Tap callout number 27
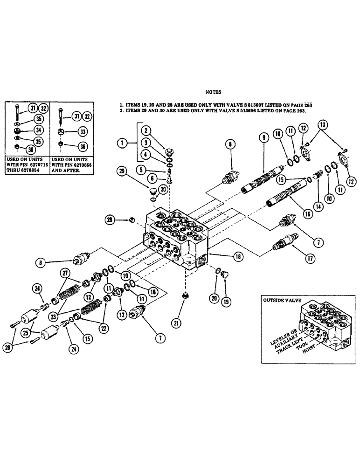click(66, 274)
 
